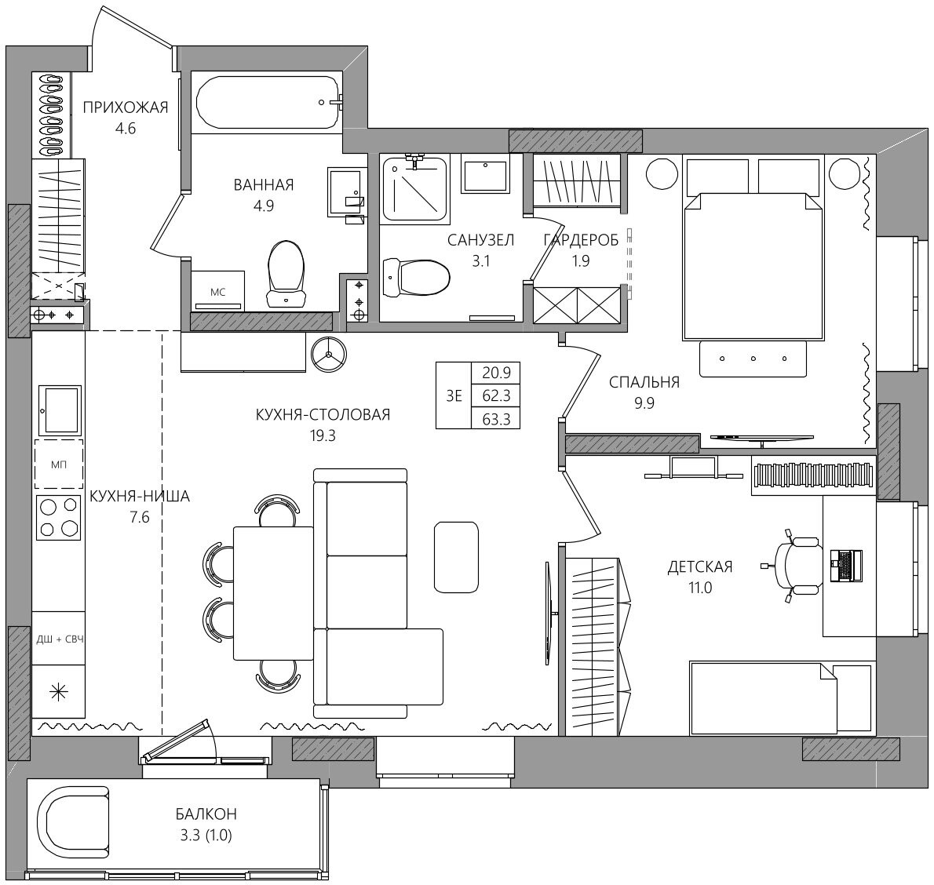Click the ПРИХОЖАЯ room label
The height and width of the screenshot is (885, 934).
pos(125,107)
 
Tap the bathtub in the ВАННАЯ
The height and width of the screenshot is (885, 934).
pos(268,103)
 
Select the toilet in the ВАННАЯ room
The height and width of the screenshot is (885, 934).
pos(286,275)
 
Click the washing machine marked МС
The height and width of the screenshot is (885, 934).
pos(218,290)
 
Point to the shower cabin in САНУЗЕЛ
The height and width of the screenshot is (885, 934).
pos(415,188)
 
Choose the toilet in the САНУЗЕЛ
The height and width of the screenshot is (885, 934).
pos(416,278)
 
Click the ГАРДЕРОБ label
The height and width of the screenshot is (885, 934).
pos(581,239)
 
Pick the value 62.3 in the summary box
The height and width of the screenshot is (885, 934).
pos(495,395)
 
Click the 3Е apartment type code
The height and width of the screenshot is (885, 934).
pos(454,395)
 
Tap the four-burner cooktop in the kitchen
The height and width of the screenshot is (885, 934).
pos(58,518)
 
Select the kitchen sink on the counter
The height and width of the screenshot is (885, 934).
pos(58,410)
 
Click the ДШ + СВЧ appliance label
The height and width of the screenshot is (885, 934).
pos(59,639)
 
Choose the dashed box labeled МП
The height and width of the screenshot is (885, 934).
pos(58,464)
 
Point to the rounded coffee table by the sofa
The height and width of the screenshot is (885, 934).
pos(456,557)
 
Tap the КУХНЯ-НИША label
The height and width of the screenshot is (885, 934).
pos(140,496)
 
